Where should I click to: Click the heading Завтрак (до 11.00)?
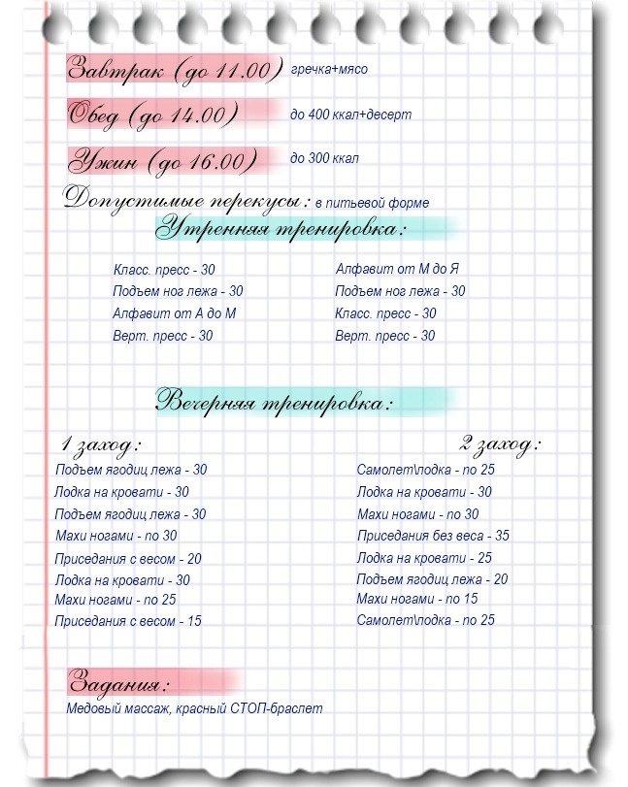(x=173, y=69)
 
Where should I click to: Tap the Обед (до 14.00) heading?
(x=152, y=115)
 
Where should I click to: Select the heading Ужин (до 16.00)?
(x=163, y=160)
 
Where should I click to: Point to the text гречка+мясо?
(x=329, y=69)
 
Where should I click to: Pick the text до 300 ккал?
(x=324, y=157)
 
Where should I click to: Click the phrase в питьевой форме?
(x=372, y=203)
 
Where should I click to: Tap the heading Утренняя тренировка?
(x=282, y=230)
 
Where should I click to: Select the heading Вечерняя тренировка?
(x=276, y=401)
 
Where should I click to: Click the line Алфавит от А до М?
(x=175, y=313)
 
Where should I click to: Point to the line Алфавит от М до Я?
(x=397, y=269)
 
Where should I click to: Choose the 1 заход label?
(x=100, y=446)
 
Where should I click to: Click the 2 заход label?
(x=499, y=446)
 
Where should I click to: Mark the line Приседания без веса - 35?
(x=433, y=536)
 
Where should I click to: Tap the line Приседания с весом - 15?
(x=128, y=621)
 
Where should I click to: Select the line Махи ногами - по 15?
(x=417, y=599)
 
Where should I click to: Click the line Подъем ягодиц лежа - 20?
(x=432, y=579)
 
